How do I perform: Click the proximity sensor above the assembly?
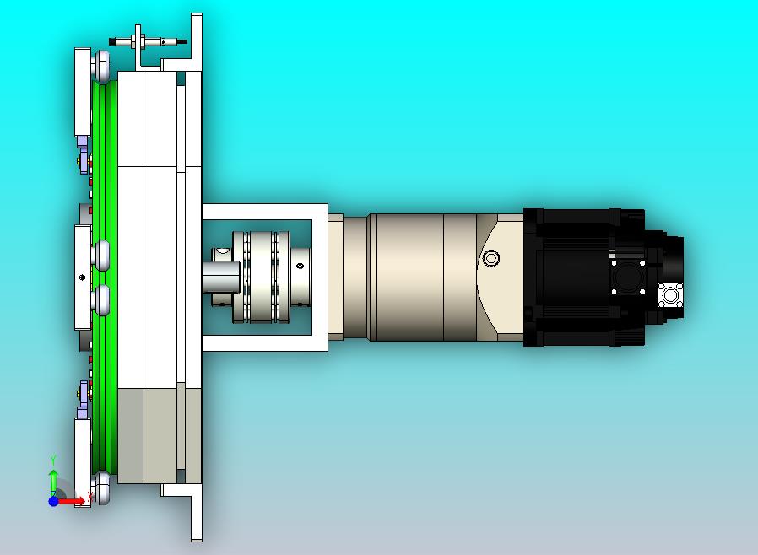[148, 41]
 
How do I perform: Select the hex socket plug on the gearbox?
[491, 258]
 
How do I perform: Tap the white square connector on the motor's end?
[670, 295]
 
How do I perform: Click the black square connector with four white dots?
[628, 277]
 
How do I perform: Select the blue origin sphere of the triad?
[54, 501]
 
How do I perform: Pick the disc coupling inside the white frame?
[261, 277]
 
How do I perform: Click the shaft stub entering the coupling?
[221, 277]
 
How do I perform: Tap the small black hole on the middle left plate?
[82, 277]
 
